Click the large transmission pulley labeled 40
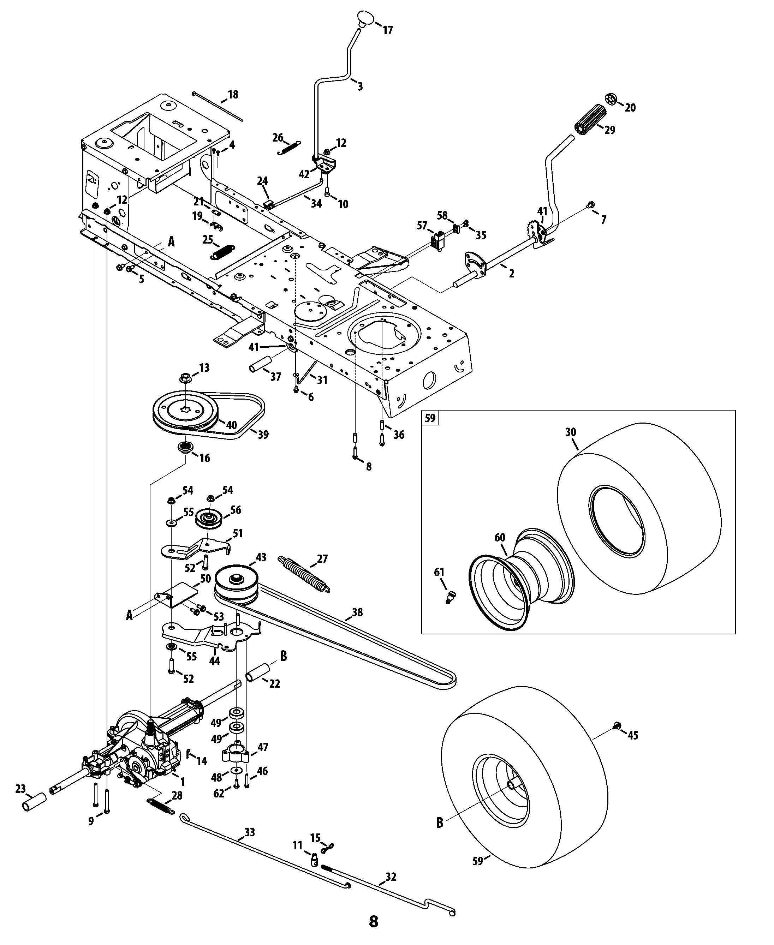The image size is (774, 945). tap(185, 409)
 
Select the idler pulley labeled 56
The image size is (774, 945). tap(209, 519)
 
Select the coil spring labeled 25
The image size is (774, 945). tap(222, 252)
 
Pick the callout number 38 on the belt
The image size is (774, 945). tap(357, 612)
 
